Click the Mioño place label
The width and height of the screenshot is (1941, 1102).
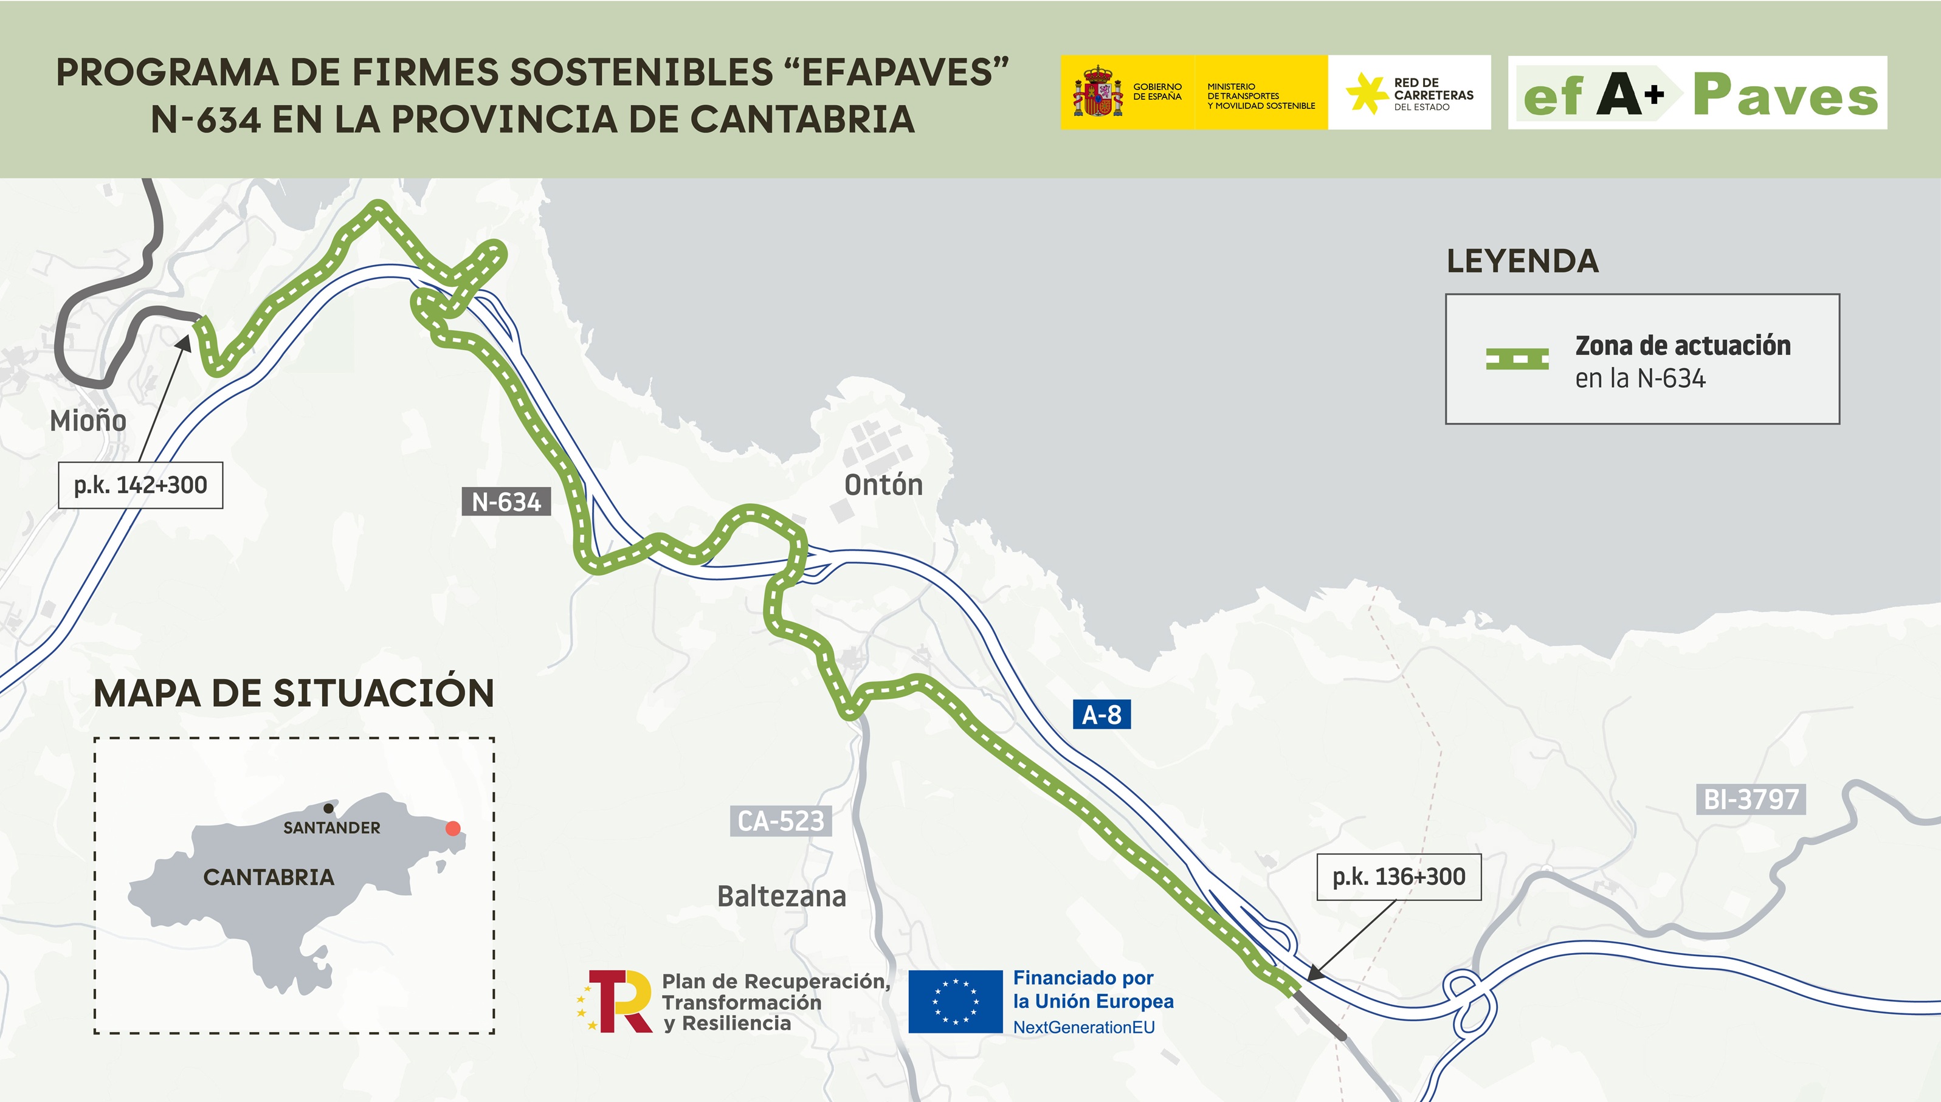pos(88,421)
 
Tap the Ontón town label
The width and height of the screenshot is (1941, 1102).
pos(883,485)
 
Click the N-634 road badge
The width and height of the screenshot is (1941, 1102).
pos(506,502)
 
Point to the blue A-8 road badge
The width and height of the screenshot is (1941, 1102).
pos(1101,714)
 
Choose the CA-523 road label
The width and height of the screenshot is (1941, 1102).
pos(780,821)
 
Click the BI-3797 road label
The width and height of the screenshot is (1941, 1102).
pos(1750,799)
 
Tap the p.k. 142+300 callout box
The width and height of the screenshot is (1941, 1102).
pos(141,485)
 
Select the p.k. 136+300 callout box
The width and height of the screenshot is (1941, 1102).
pos(1398,877)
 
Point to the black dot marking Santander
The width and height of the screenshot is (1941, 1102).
pos(328,809)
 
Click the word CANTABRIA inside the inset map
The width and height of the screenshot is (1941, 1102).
pos(269,877)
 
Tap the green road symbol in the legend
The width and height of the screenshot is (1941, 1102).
pos(1517,359)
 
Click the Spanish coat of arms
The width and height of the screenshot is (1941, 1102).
pos(1097,92)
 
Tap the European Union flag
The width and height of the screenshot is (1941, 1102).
pos(955,1001)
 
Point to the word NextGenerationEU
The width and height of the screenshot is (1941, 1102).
pos(1084,1027)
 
